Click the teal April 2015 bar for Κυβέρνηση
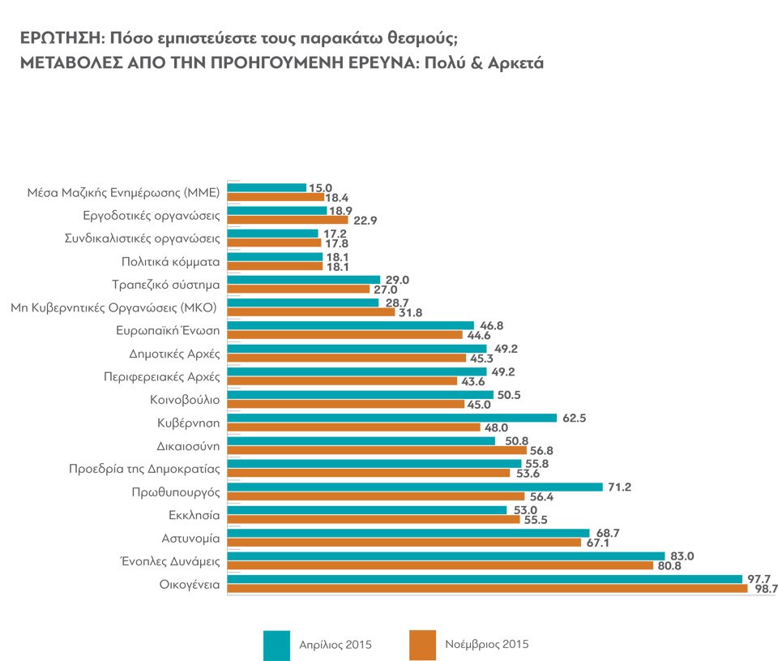click(392, 418)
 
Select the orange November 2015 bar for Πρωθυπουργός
click(376, 496)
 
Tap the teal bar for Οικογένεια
click(485, 579)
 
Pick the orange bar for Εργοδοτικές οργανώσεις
click(288, 220)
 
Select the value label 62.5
click(572, 418)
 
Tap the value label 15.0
click(322, 187)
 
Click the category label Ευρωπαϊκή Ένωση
click(169, 331)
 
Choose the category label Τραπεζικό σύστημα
click(165, 285)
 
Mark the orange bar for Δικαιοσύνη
click(377, 450)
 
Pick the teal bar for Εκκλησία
click(367, 510)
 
